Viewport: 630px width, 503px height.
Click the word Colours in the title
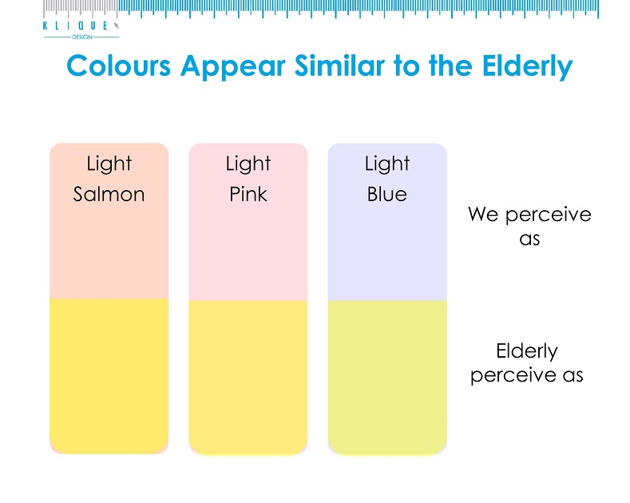coord(118,66)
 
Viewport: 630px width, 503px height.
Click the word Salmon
coord(109,194)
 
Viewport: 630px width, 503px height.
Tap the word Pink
coord(248,194)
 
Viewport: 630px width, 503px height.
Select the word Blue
coord(386,194)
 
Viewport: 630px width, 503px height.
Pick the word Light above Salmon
coord(109,164)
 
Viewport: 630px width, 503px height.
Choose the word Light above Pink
coord(248,164)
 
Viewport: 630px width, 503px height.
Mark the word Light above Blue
coord(386,164)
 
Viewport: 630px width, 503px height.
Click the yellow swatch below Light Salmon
coord(109,375)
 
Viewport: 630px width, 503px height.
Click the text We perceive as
coord(529,227)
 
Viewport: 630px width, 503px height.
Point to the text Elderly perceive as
coord(527,363)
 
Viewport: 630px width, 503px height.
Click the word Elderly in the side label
coord(527,351)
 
